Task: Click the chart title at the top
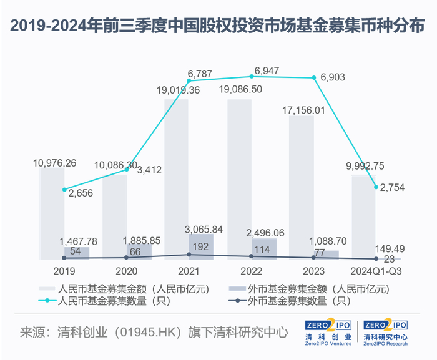(x=217, y=26)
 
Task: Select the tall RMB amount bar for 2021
(x=177, y=179)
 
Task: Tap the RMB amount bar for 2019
(x=52, y=213)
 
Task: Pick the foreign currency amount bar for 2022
(x=264, y=249)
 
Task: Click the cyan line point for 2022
(x=252, y=76)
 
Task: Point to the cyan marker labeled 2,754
(x=376, y=187)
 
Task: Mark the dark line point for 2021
(x=189, y=255)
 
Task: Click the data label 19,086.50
(x=240, y=89)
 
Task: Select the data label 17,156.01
(x=303, y=110)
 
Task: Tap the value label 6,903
(x=333, y=77)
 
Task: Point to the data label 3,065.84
(x=204, y=230)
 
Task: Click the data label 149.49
(x=390, y=249)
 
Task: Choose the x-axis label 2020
(x=127, y=271)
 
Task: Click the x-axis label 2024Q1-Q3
(x=376, y=271)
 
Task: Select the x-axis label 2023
(x=314, y=271)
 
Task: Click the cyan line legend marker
(x=47, y=301)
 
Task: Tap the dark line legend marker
(x=237, y=301)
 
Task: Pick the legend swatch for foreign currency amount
(x=237, y=289)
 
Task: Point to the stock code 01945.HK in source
(x=148, y=332)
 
